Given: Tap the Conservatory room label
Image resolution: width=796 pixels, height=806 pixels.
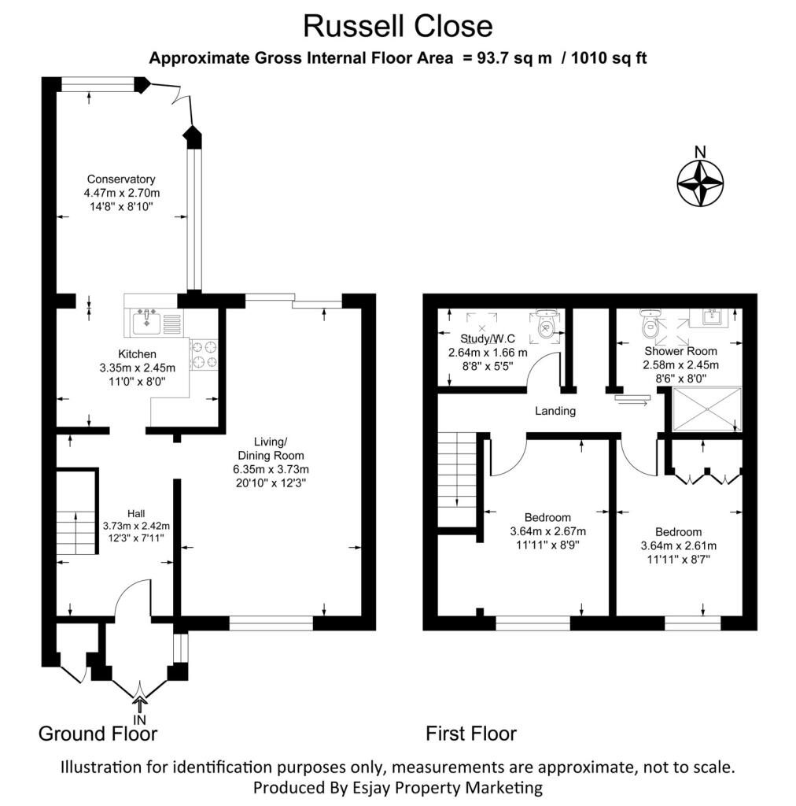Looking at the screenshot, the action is pyautogui.click(x=121, y=179).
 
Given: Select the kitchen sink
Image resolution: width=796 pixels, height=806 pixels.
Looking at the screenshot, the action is pyautogui.click(x=146, y=321).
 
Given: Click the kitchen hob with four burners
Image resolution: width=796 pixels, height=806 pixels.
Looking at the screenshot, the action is pyautogui.click(x=205, y=355).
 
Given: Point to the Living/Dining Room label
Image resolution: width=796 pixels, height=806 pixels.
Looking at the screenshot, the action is pyautogui.click(x=271, y=449).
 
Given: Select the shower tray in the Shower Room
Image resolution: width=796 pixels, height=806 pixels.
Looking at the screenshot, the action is pyautogui.click(x=706, y=409).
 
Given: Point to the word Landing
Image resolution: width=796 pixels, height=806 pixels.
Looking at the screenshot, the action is pyautogui.click(x=555, y=411).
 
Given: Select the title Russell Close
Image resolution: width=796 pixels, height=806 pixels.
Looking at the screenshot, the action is pyautogui.click(x=398, y=26).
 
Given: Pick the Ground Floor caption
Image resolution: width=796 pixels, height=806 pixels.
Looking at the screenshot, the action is pyautogui.click(x=98, y=734).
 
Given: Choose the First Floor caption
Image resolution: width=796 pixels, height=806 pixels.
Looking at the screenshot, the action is pyautogui.click(x=471, y=734).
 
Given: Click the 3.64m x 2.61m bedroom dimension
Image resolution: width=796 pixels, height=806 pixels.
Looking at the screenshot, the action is pyautogui.click(x=678, y=546).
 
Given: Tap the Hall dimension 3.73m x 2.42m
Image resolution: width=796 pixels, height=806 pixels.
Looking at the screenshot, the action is pyautogui.click(x=136, y=526).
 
